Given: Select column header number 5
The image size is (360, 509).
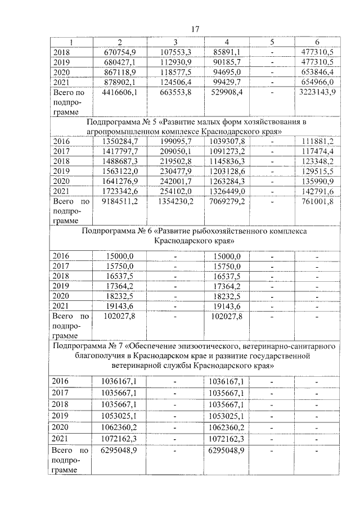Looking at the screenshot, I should pyautogui.click(x=272, y=43).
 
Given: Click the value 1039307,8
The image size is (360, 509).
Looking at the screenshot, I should pyautogui.click(x=227, y=141).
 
